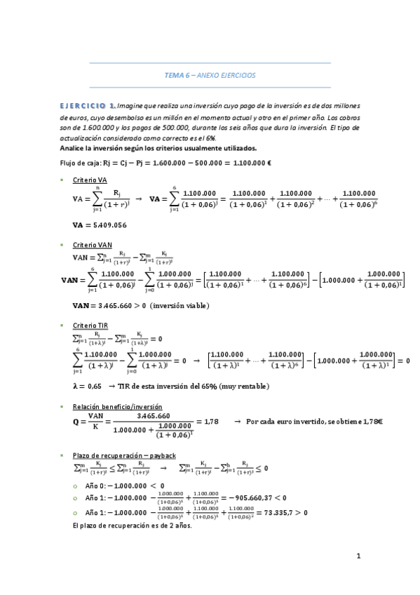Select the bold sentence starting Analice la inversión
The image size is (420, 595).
point(159,148)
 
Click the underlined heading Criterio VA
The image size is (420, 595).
point(90,180)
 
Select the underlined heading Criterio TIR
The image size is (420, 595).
point(90,326)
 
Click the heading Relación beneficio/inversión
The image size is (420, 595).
point(117,406)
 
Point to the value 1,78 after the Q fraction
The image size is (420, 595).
point(210,421)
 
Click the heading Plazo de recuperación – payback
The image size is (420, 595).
point(124,455)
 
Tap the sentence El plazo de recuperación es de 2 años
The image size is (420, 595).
point(132,525)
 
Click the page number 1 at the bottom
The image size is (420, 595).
point(358,556)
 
